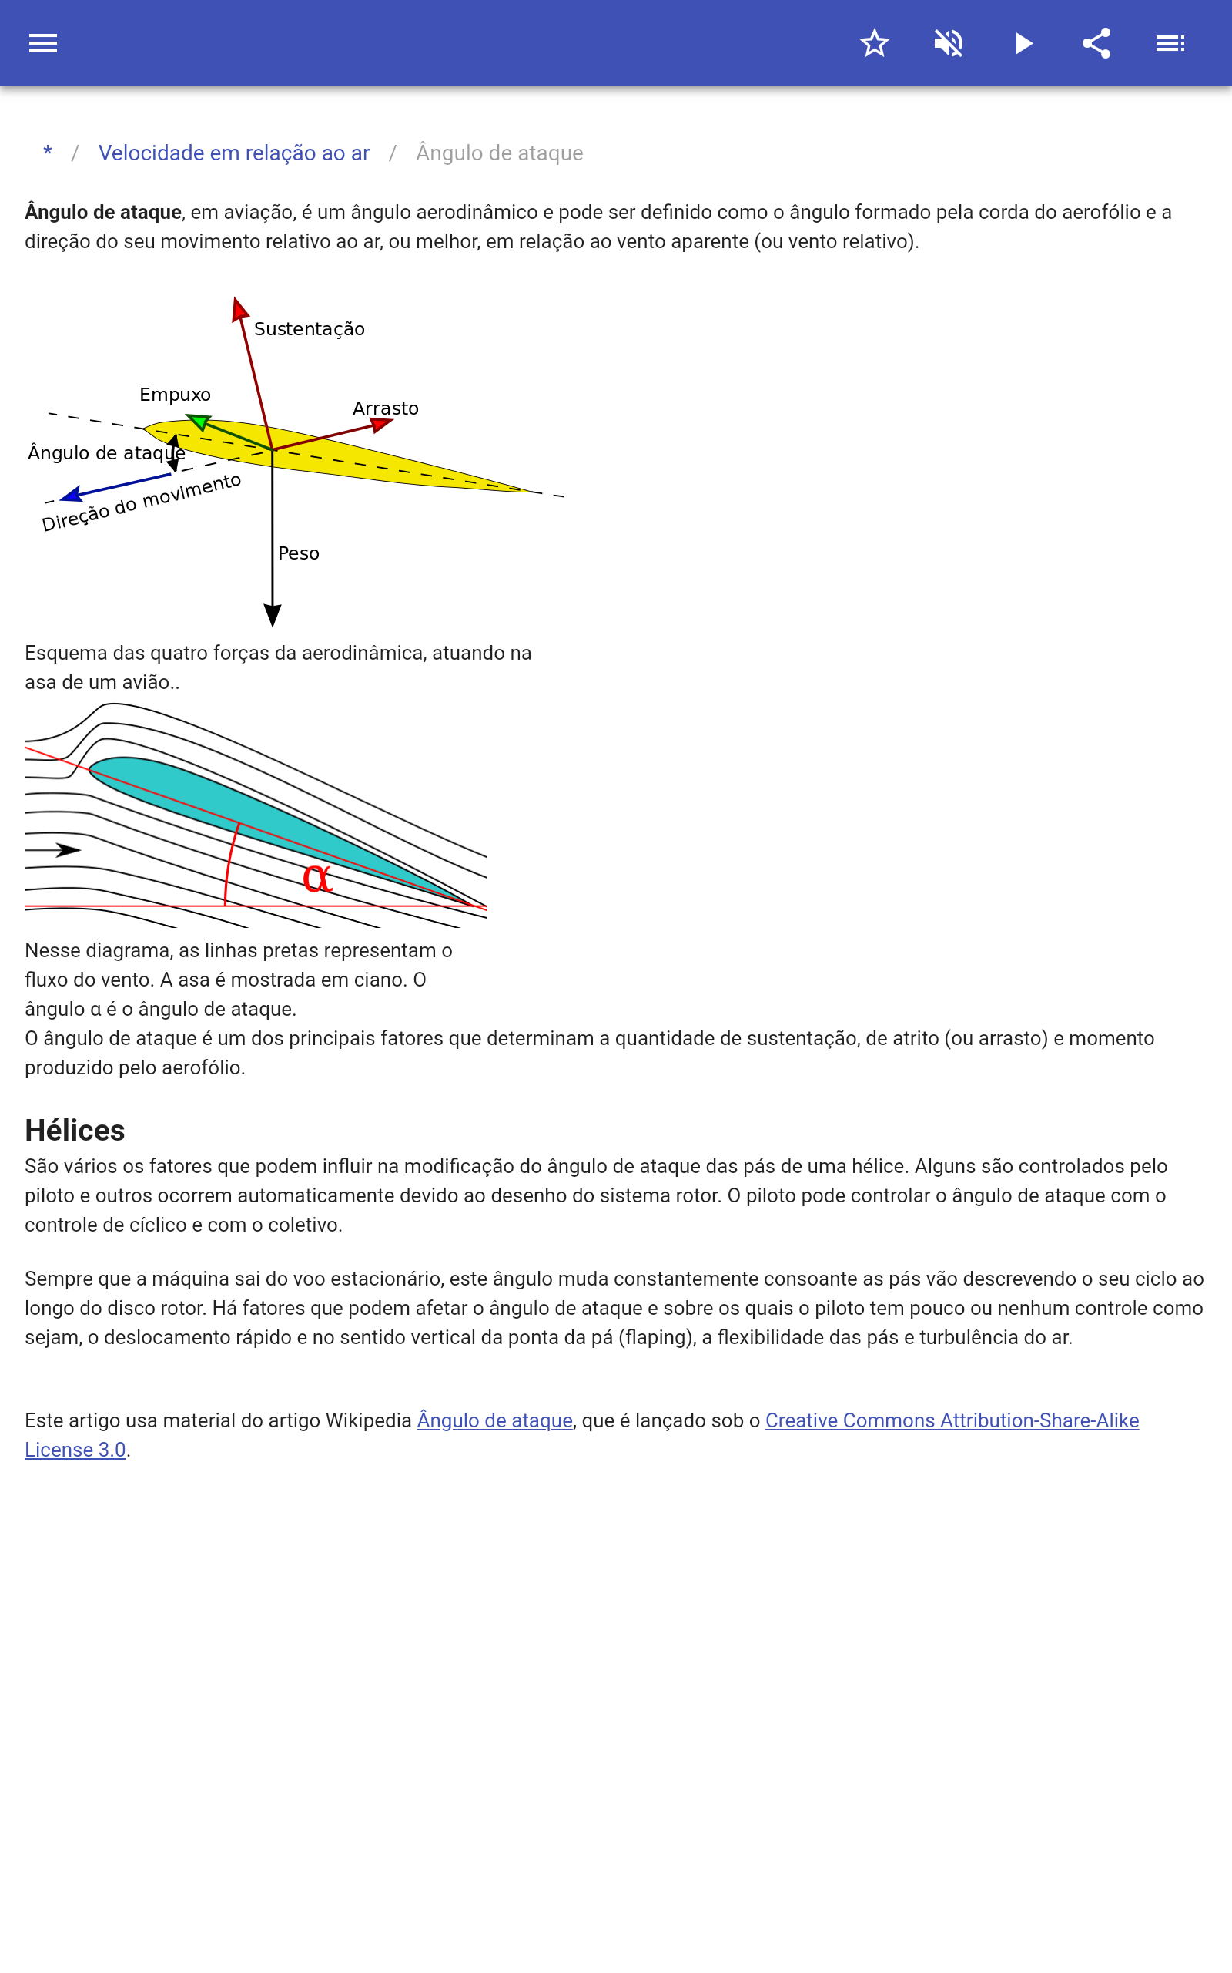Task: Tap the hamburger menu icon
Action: (x=43, y=43)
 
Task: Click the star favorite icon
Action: (x=874, y=43)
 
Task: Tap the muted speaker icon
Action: (x=949, y=43)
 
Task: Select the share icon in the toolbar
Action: (x=1096, y=43)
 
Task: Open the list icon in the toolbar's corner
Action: (x=1170, y=43)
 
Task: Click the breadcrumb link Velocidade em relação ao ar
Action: (x=234, y=153)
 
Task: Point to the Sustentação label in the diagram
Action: (x=309, y=328)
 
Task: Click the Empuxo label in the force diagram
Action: (x=176, y=395)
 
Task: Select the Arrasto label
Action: (x=386, y=408)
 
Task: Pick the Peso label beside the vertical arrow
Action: (x=298, y=553)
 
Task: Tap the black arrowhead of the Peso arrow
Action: (x=273, y=615)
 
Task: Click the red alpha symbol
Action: (x=317, y=878)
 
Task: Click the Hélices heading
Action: (x=75, y=1131)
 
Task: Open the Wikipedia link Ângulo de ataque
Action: (x=494, y=1420)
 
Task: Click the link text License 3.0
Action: (x=75, y=1450)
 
